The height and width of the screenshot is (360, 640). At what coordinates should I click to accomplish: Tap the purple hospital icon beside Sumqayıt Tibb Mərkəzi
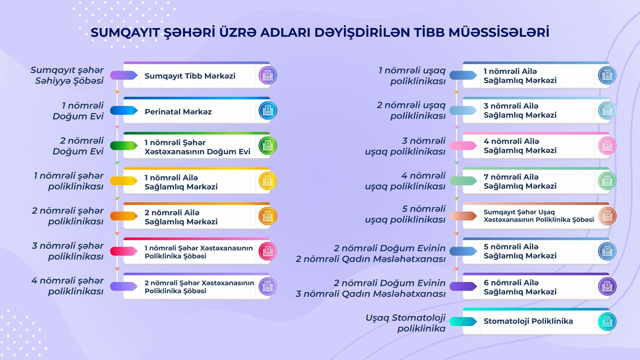click(x=268, y=75)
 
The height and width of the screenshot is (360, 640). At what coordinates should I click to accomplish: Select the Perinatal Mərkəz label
click(x=178, y=112)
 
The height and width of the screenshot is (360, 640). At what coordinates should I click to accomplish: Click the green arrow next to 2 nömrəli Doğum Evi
click(x=124, y=146)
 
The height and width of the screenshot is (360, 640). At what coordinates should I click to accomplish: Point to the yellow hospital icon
click(x=268, y=181)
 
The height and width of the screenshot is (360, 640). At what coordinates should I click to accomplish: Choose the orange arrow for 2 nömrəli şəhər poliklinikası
click(x=124, y=216)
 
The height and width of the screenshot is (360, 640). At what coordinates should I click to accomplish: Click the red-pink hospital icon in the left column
click(x=268, y=251)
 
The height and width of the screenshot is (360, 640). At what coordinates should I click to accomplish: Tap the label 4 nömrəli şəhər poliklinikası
click(x=67, y=286)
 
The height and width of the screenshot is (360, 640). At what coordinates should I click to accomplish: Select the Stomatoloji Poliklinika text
click(x=528, y=321)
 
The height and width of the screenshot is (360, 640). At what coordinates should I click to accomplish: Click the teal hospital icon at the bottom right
click(x=607, y=321)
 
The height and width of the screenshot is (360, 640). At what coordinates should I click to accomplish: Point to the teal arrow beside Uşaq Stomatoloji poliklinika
click(x=463, y=321)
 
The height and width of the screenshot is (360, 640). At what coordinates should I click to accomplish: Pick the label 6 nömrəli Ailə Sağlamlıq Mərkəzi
click(x=520, y=287)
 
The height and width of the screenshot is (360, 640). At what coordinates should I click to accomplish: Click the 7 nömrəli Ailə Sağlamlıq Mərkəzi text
click(x=520, y=182)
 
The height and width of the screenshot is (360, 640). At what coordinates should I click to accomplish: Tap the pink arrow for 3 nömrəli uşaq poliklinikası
click(x=463, y=146)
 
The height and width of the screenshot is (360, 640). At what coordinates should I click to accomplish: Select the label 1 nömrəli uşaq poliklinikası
click(x=412, y=76)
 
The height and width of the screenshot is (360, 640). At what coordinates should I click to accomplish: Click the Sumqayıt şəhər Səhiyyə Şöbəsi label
click(x=67, y=75)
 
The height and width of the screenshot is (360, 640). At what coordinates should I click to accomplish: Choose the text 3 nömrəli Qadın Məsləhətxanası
click(x=371, y=294)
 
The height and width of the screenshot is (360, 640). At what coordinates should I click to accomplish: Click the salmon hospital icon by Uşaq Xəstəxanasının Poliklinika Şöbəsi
click(x=607, y=216)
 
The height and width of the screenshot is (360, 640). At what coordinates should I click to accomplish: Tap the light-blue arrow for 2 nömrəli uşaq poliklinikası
click(x=463, y=110)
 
